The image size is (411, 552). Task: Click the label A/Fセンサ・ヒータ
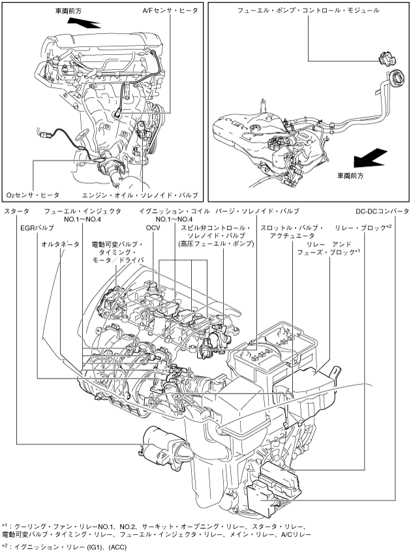click(170, 10)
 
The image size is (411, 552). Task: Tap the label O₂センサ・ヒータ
click(33, 195)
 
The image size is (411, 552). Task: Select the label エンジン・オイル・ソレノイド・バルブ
click(140, 195)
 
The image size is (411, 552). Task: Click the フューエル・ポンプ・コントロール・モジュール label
click(308, 10)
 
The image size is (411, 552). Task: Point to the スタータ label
click(16, 211)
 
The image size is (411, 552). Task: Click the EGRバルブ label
click(37, 228)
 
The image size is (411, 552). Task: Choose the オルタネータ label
click(60, 244)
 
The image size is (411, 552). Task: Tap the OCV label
click(153, 228)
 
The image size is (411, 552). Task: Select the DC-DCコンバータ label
click(382, 211)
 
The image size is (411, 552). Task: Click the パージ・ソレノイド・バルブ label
click(257, 211)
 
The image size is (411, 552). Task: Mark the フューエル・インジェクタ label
click(83, 211)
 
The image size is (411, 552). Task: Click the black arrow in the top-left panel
click(84, 23)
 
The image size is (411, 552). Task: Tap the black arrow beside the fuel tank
click(370, 158)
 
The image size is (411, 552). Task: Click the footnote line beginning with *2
click(64, 547)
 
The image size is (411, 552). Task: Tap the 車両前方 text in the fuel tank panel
click(350, 176)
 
